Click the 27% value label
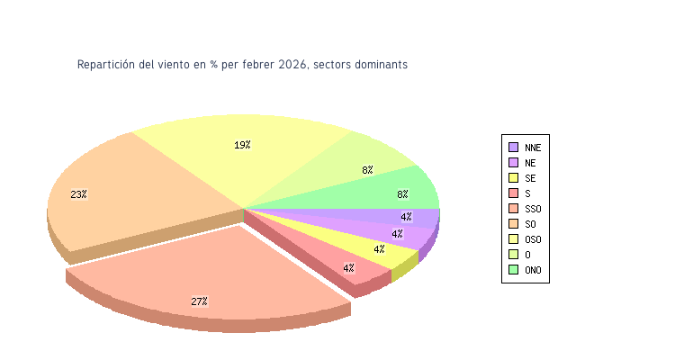[199, 301]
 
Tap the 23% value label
[79, 194]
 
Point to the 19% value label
[242, 145]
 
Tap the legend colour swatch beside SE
[513, 178]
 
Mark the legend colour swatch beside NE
[513, 163]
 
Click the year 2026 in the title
[292, 65]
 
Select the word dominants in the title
[382, 65]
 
